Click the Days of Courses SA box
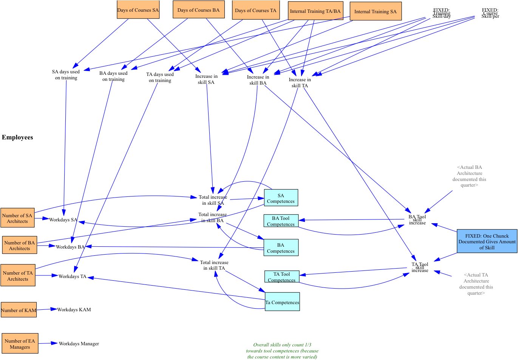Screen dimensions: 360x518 (138, 10)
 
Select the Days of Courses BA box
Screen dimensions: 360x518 (198, 10)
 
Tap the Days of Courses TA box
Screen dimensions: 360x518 (255, 10)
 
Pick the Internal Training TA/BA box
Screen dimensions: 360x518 (315, 11)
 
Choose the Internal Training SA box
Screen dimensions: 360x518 (375, 11)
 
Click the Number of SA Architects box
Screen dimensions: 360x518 (17, 218)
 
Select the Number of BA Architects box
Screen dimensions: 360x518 (19, 246)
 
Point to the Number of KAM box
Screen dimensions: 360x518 (19, 310)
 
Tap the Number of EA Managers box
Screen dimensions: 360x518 (20, 343)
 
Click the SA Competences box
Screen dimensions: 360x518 (281, 198)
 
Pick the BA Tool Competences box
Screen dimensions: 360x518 (281, 221)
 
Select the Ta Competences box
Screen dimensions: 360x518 (282, 302)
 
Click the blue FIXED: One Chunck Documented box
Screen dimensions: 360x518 (487, 241)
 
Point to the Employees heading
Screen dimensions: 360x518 (17, 137)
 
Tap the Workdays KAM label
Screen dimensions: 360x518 (74, 309)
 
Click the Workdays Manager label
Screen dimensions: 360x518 (79, 343)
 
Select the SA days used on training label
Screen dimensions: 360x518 (66, 74)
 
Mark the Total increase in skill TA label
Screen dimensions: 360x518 (214, 265)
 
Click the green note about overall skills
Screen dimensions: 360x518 (282, 351)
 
